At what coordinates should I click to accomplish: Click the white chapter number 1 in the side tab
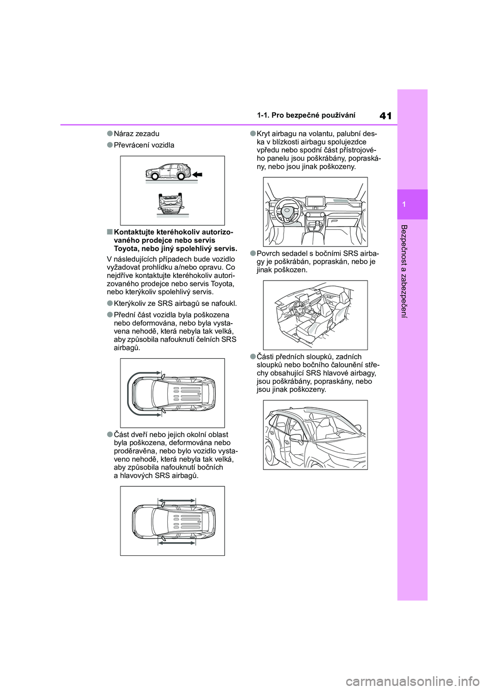point(412,204)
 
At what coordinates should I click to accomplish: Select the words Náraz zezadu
point(136,134)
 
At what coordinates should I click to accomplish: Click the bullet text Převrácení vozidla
point(144,145)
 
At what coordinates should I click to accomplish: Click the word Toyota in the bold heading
point(125,248)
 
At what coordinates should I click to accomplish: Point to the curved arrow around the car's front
point(129,394)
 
